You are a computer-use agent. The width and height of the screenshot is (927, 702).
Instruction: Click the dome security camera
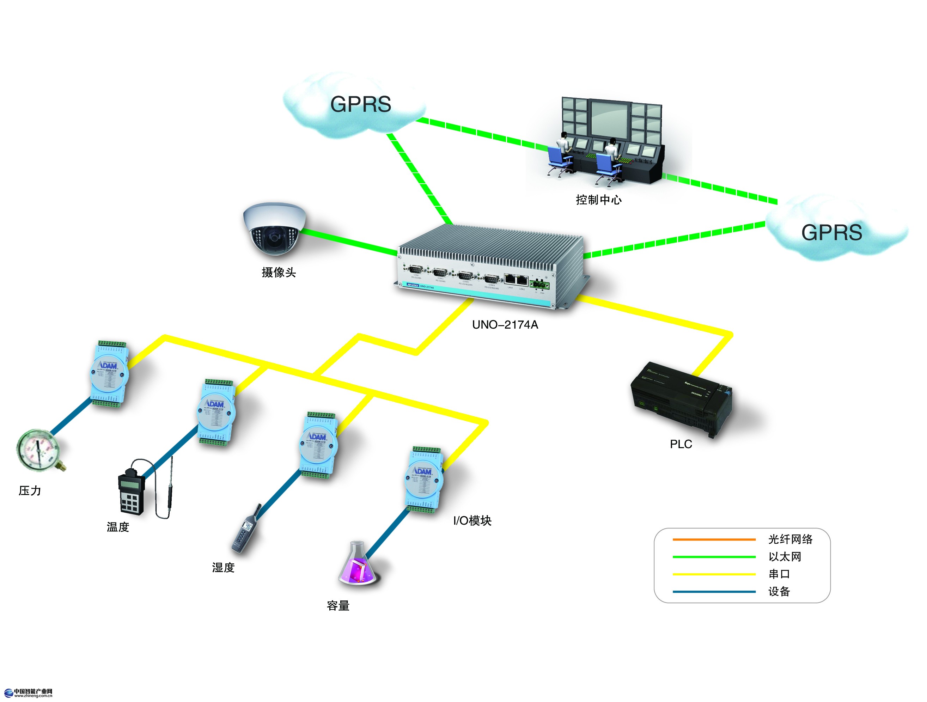[274, 229]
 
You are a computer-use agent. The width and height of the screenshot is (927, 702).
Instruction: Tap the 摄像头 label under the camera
[279, 273]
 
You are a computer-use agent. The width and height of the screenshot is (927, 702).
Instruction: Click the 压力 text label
[30, 491]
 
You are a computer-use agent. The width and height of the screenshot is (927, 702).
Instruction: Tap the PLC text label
[681, 444]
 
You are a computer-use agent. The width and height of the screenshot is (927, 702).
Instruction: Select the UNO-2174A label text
[505, 325]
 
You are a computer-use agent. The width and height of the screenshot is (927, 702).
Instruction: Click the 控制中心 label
[598, 200]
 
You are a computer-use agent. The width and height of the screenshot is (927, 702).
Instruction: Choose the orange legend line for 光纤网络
[714, 539]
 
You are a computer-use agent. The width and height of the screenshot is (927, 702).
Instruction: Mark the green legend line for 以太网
[714, 557]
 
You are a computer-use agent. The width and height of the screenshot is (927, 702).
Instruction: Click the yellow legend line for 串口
[714, 574]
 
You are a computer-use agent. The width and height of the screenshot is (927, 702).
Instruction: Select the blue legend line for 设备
[714, 592]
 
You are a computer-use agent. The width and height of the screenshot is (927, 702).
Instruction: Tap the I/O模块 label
[472, 521]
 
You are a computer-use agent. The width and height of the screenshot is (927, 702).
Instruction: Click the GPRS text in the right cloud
[831, 233]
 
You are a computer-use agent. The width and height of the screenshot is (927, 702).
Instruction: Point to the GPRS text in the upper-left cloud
[360, 104]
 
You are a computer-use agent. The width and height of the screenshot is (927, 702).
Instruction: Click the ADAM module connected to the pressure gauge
[109, 374]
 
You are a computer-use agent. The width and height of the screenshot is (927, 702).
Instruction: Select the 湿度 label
[223, 568]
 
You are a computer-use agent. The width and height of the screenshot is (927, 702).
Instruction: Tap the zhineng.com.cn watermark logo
[29, 693]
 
